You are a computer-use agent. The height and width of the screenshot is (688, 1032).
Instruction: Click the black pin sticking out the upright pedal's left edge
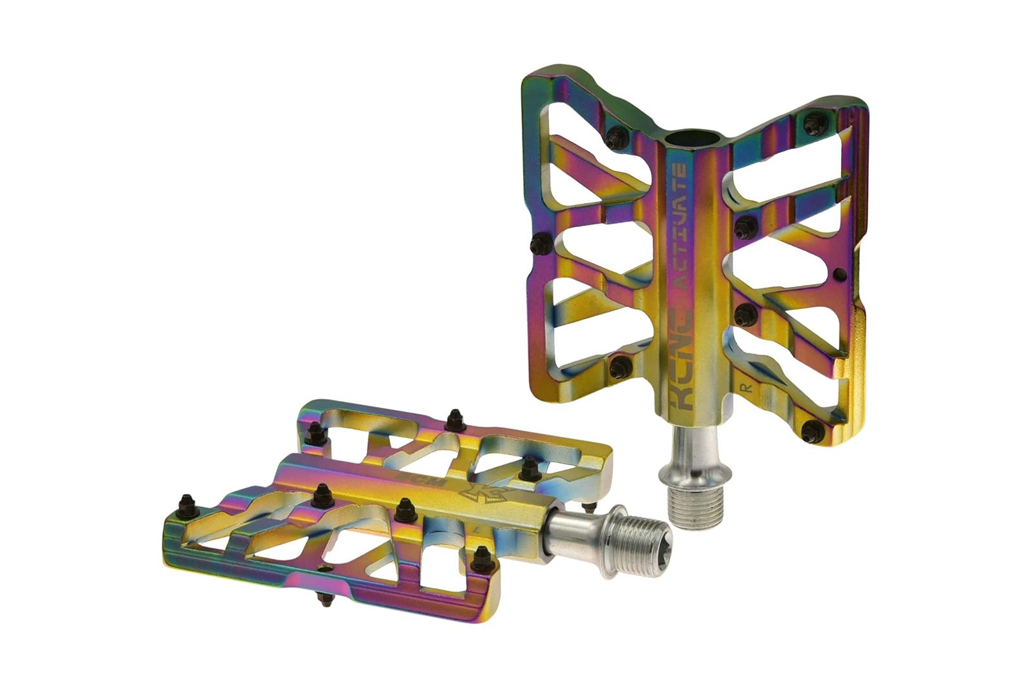[536, 244]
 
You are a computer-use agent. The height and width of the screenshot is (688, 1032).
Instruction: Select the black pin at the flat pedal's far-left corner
[187, 503]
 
